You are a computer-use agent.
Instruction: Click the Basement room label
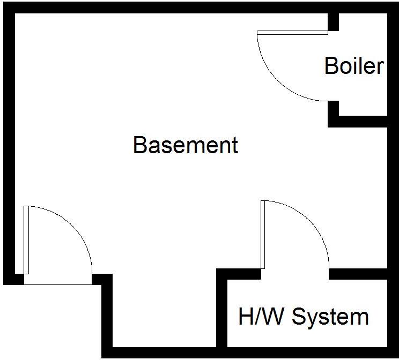pyautogui.click(x=186, y=145)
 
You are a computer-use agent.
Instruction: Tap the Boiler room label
pyautogui.click(x=354, y=66)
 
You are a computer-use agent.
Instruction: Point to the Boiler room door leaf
pyautogui.click(x=292, y=33)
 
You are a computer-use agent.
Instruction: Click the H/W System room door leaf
pyautogui.click(x=263, y=234)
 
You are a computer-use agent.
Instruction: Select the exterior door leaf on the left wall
pyautogui.click(x=26, y=239)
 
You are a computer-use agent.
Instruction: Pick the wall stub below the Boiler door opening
pyautogui.click(x=334, y=110)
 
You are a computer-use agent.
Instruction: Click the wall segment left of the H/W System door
pyautogui.click(x=239, y=274)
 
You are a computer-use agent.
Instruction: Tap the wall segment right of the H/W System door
pyautogui.click(x=358, y=274)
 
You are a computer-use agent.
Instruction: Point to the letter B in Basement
pyautogui.click(x=140, y=145)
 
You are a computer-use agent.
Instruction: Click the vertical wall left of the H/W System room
pyautogui.click(x=221, y=311)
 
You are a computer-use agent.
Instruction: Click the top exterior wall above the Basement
pyautogui.click(x=172, y=7)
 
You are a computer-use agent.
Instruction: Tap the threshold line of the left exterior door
pyautogui.click(x=58, y=284)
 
